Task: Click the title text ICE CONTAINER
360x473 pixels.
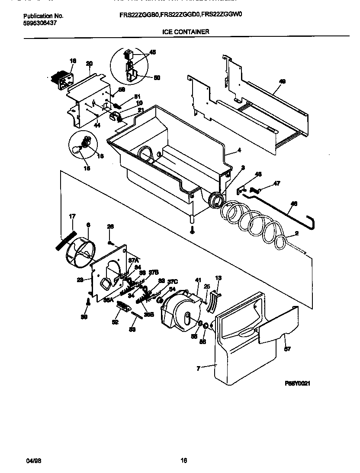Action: click(186, 32)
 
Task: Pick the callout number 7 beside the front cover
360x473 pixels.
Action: click(199, 368)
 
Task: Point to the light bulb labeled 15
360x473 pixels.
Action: click(78, 150)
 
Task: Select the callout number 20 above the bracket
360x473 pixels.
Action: click(89, 64)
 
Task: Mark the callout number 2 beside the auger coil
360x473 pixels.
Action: click(296, 233)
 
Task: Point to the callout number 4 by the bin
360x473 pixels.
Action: click(238, 151)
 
